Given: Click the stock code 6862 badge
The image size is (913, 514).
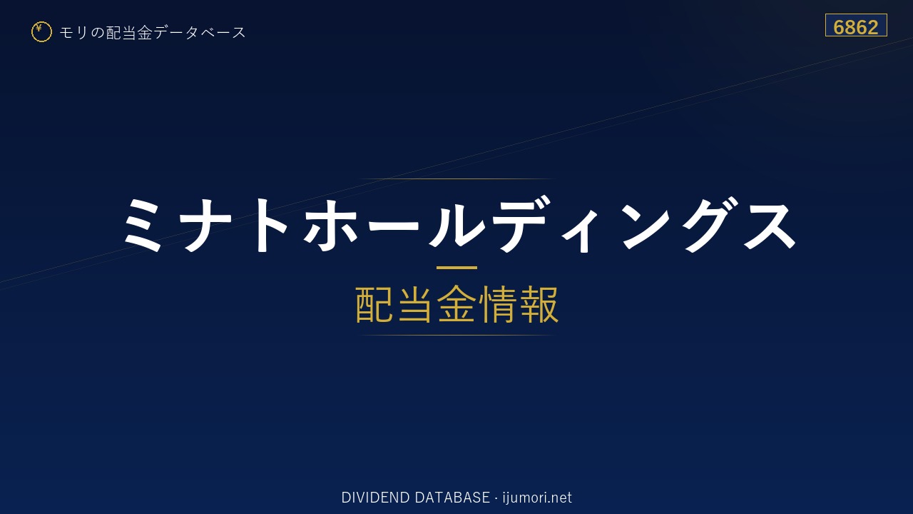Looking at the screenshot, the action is coord(856,25).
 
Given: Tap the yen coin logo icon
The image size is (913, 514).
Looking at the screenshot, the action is coord(41,31).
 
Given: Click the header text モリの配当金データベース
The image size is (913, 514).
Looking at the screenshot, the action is coord(153,33).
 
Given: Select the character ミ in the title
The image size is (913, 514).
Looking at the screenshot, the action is coord(143,224).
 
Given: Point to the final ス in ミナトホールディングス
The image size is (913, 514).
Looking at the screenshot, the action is coord(770,225).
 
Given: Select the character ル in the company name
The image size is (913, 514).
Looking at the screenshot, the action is coord(456,224).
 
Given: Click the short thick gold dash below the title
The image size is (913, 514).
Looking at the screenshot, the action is coord(456,268).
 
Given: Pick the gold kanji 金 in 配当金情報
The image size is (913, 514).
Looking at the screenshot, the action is coord(456,304).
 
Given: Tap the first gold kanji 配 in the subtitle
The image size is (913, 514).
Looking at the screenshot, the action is coord(374,304).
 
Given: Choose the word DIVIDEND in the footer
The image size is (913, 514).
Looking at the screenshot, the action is coord(375,498).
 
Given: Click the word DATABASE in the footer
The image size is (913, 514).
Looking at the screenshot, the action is coord(452,498).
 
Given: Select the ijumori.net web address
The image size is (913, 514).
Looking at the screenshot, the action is coord(537,498).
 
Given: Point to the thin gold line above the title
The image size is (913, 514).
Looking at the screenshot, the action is coord(456,178).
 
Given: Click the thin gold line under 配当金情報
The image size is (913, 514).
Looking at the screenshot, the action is coord(456,335).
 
